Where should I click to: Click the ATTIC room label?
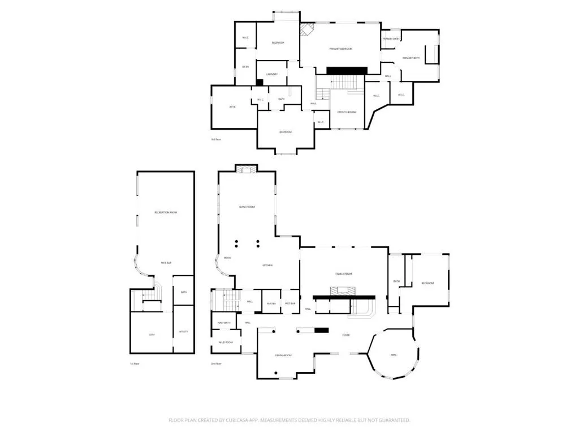[232, 106]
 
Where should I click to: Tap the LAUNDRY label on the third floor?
[272, 74]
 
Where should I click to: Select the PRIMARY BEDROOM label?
[341, 49]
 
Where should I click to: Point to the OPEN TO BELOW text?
[347, 112]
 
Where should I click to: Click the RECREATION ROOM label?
[166, 212]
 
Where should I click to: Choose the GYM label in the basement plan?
[152, 335]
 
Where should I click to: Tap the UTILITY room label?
[183, 331]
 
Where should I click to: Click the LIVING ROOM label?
[247, 207]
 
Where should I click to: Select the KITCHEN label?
[267, 265]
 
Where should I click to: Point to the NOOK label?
[227, 258]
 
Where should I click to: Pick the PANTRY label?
[271, 304]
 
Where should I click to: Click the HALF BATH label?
[224, 323]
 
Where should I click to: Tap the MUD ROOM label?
[225, 343]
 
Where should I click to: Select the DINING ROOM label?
[283, 355]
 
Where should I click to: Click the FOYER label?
[345, 335]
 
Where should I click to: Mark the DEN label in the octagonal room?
[394, 355]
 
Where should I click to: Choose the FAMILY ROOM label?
[344, 274]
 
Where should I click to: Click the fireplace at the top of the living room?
[246, 169]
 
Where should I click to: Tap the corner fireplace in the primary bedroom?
[306, 29]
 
